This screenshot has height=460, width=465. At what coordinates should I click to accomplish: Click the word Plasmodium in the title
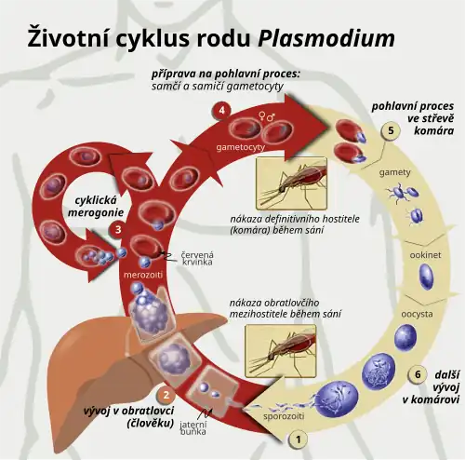pos(326,38)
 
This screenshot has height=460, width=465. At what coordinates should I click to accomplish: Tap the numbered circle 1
pos(299,440)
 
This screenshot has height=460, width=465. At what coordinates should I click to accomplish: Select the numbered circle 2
pos(166,395)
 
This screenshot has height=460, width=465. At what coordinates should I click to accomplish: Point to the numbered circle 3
pos(118,230)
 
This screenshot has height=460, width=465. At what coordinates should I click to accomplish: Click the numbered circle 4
pos(222,110)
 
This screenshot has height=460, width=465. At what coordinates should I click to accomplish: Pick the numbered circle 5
pos(391,130)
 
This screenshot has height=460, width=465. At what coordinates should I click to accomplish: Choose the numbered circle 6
pos(418,374)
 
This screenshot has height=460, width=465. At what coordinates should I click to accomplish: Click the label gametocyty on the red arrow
pos(241,147)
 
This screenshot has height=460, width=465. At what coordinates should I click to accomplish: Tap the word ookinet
pos(425,255)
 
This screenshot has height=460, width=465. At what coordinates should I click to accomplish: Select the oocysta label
pos(417,314)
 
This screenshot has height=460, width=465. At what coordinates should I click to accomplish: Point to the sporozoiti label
pos(284,416)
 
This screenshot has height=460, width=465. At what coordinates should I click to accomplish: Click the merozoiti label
pos(143,275)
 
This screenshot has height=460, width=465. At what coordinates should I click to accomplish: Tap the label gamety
pos(394,172)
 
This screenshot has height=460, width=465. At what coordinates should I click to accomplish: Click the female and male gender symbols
pos(267,117)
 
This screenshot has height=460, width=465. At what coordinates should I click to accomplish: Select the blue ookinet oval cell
pos(426,277)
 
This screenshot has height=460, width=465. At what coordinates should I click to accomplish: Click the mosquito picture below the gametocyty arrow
pos(291,183)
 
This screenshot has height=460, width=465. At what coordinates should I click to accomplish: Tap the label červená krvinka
pos(197,258)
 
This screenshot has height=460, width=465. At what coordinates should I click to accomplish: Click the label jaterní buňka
pos(193,428)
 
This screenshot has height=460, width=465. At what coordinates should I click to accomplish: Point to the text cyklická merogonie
pos(96,206)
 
